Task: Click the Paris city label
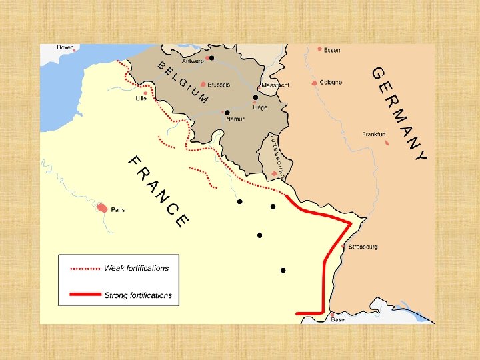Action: click(x=117, y=209)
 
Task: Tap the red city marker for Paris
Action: click(x=102, y=208)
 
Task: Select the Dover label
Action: click(x=65, y=47)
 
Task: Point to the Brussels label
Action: click(x=219, y=85)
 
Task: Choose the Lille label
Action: click(x=140, y=98)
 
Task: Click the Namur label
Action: click(x=235, y=119)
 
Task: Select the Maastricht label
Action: click(x=275, y=85)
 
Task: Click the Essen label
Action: click(x=332, y=50)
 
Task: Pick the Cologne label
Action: click(x=331, y=82)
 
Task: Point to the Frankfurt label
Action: click(x=374, y=134)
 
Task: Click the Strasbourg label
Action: click(x=363, y=247)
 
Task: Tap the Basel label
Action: click(x=338, y=319)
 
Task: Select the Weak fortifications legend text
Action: click(x=136, y=268)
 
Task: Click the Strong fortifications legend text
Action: click(x=137, y=295)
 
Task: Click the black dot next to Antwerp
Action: click(x=211, y=58)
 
